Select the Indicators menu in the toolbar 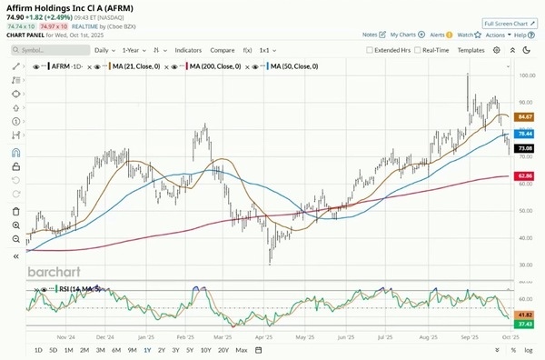point(188,50)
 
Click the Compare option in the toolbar point(222,50)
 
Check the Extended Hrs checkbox point(370,50)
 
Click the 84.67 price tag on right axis point(524,117)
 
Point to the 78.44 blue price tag point(524,133)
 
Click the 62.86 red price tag point(524,175)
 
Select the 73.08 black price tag point(524,148)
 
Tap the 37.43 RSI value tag point(524,325)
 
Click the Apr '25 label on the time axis point(264,335)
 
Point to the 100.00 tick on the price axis point(525,76)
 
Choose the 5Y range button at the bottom point(189,350)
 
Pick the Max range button point(241,350)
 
